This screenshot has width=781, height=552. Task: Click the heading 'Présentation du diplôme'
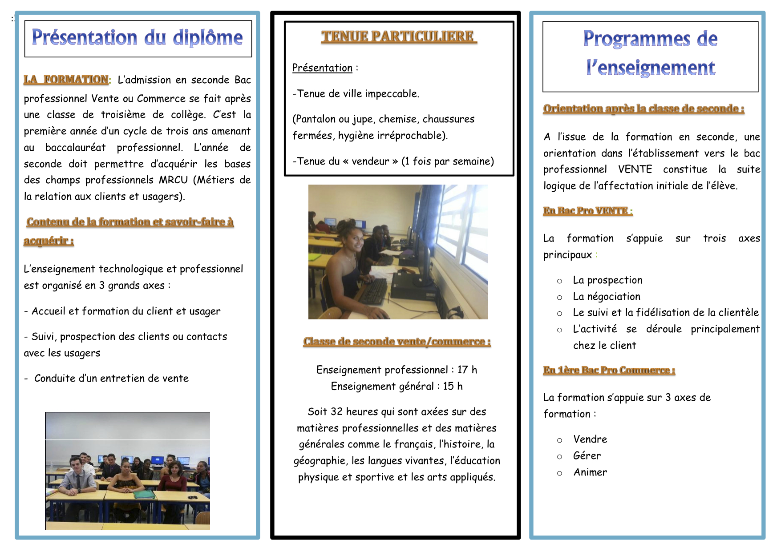(137, 38)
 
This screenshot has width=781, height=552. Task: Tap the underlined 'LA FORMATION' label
(66, 80)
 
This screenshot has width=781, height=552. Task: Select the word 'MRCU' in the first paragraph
(174, 180)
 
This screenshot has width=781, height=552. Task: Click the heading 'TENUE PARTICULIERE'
(398, 36)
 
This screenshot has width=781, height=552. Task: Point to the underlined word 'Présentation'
(322, 68)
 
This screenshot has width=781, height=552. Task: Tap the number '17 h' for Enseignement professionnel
(467, 370)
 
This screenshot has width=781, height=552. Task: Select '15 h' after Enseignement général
(453, 387)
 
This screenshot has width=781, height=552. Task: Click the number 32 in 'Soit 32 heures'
(337, 412)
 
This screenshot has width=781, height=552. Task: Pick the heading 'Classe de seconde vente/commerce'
(397, 342)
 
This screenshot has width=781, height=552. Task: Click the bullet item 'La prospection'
(607, 280)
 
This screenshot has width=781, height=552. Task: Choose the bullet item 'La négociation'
(607, 297)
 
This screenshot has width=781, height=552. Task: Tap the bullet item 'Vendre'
(590, 439)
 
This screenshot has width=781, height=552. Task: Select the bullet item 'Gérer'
(587, 456)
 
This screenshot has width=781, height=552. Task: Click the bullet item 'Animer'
(590, 472)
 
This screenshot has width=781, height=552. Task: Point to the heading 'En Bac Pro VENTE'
(587, 211)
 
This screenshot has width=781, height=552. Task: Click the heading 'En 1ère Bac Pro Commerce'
(609, 370)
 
